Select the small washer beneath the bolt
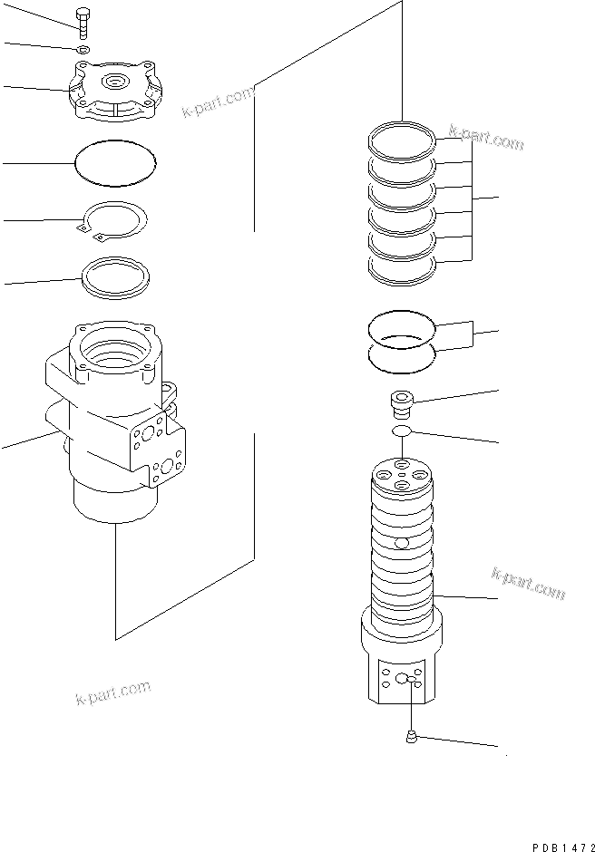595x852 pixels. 83,49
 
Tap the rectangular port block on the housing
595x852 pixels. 161,449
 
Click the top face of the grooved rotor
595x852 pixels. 403,475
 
